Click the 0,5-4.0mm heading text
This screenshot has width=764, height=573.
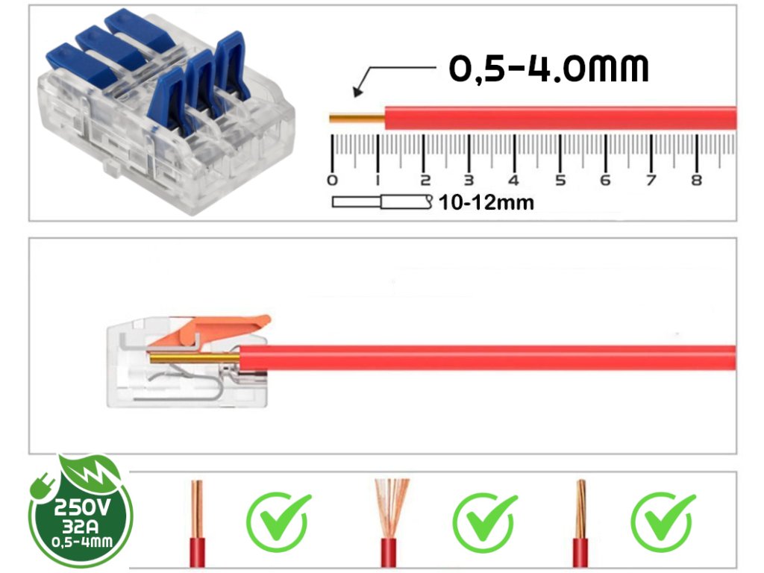coord(548,68)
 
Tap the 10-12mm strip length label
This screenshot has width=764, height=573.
coord(486,202)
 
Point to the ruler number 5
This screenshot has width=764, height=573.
coord(560,180)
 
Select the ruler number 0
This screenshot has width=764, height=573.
coord(332,180)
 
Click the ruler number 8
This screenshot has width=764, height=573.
coord(697,180)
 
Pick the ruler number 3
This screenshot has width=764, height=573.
coord(469,180)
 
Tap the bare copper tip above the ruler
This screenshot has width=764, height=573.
coord(356,118)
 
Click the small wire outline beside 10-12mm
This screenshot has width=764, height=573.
coord(381,201)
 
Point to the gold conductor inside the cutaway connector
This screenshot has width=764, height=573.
coord(194,358)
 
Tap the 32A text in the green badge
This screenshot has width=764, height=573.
coord(82,525)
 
